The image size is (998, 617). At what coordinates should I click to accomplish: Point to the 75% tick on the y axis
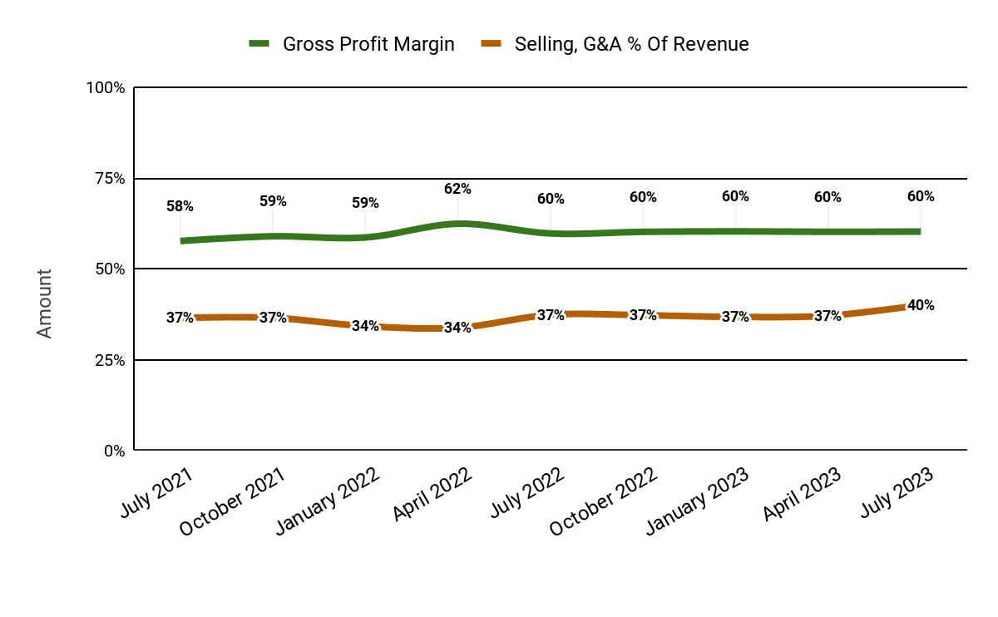pos(106,179)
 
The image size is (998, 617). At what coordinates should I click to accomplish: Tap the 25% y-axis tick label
pos(106,360)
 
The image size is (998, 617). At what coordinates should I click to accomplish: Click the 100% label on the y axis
pos(105,87)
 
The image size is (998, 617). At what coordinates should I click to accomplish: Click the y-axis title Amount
pos(45,303)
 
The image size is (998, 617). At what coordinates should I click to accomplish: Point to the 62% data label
pos(457,189)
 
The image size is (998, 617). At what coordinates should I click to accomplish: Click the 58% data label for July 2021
pos(180,206)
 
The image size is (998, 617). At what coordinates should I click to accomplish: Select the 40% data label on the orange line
pos(921,305)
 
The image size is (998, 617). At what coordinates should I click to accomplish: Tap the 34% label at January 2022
pos(365,326)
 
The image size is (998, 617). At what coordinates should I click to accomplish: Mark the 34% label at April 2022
pos(457,328)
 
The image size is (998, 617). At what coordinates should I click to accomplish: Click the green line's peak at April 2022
pos(458,223)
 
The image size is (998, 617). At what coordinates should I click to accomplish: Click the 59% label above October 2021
pos(273,201)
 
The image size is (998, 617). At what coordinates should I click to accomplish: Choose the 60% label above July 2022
pos(551,199)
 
